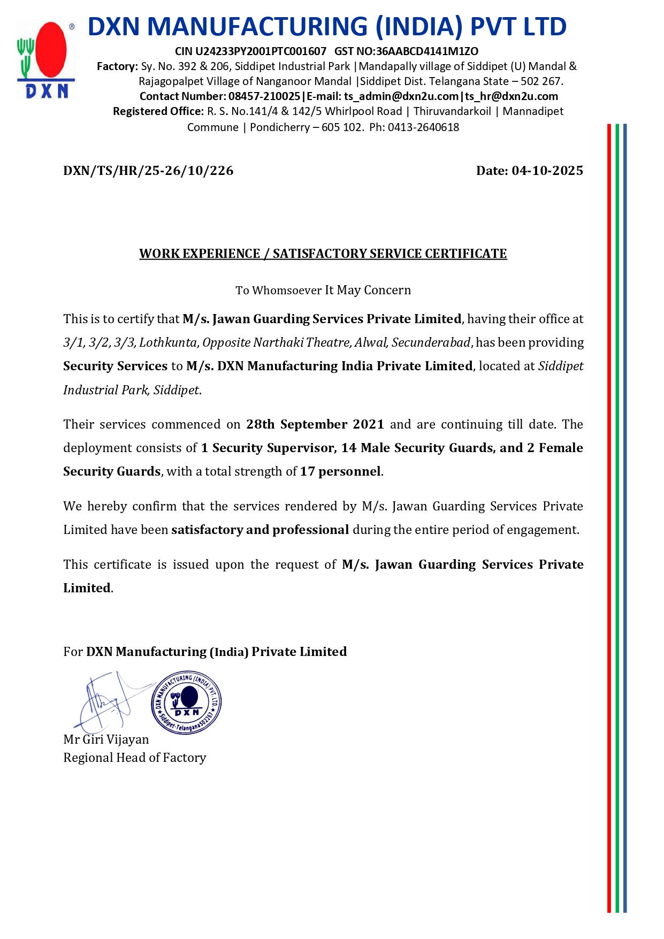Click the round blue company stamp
pyautogui.click(x=186, y=702)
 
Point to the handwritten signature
pyautogui.click(x=110, y=700)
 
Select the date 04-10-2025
pyautogui.click(x=547, y=171)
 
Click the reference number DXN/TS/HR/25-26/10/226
pyautogui.click(x=148, y=171)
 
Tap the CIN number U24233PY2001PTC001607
pyautogui.click(x=261, y=51)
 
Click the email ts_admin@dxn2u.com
pyautogui.click(x=401, y=96)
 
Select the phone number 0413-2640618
pyautogui.click(x=423, y=127)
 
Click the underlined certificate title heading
pyautogui.click(x=323, y=254)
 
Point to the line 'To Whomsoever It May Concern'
pyautogui.click(x=323, y=291)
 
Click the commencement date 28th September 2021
pyautogui.click(x=315, y=424)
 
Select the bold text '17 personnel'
pyautogui.click(x=341, y=471)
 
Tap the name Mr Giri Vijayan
pyautogui.click(x=106, y=739)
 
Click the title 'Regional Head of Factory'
pyautogui.click(x=134, y=758)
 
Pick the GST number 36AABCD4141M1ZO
pyautogui.click(x=427, y=51)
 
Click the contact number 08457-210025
pyautogui.click(x=264, y=96)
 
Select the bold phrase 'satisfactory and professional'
pyautogui.click(x=260, y=530)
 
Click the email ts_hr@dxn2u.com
pyautogui.click(x=512, y=96)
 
